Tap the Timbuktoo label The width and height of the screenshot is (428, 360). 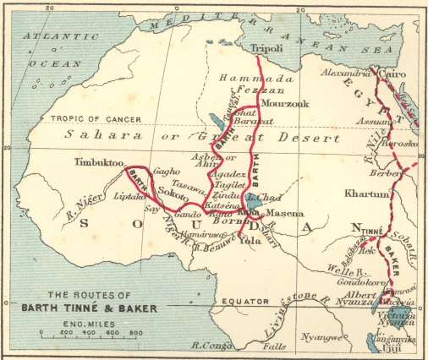(99, 161)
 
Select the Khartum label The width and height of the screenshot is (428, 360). (364, 194)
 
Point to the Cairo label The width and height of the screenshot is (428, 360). (392, 74)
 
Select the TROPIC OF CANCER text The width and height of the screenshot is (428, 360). (87, 119)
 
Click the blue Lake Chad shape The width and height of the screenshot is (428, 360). (250, 201)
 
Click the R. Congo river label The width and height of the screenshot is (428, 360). (214, 345)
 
